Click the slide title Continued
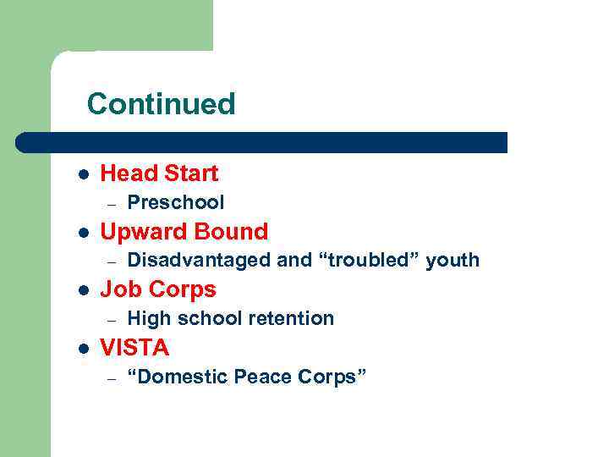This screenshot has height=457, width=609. pos(161,104)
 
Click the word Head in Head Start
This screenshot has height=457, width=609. pos(125,173)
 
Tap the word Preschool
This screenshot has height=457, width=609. pos(175,202)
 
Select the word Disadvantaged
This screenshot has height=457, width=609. pos(199,260)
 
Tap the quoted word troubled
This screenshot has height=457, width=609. pos(369,260)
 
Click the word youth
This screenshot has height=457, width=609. pos(453,260)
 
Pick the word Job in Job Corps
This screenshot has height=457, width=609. pos(118,289)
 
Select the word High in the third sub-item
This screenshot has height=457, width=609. pos(148,318)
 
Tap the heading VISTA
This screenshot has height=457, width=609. pos(134,348)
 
